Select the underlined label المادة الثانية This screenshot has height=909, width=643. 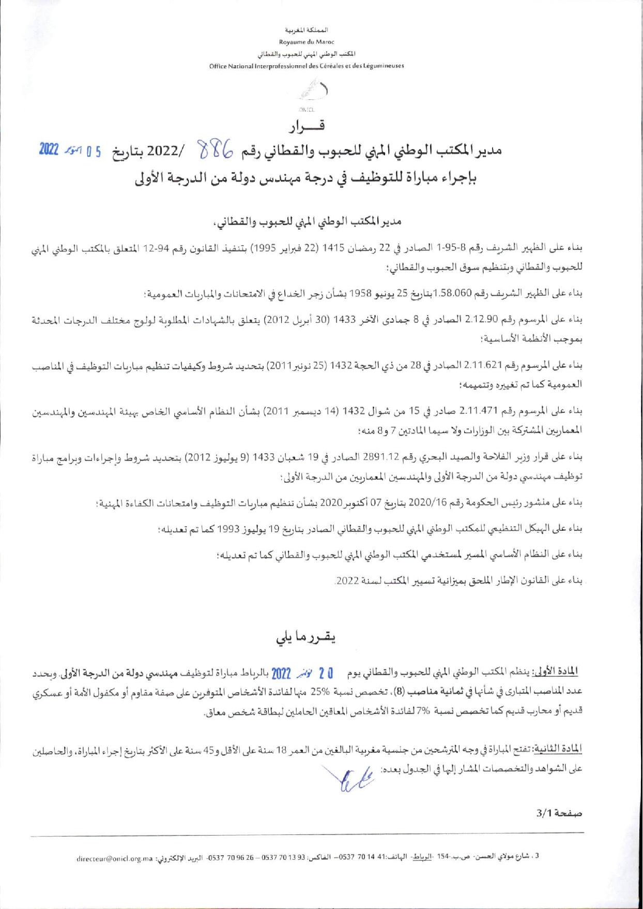[560, 749]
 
